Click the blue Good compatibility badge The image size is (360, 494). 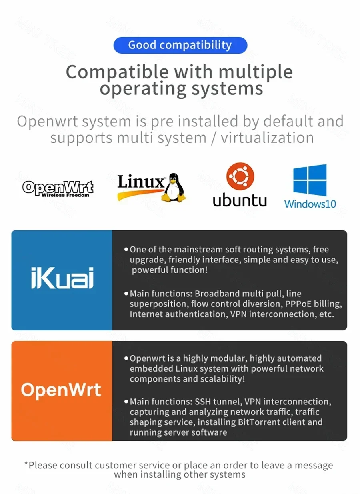click(180, 45)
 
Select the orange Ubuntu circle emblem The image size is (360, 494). click(240, 176)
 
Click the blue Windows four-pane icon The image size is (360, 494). click(310, 180)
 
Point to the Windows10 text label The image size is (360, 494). click(310, 204)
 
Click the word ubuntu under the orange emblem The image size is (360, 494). click(240, 200)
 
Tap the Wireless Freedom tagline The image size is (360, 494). click(65, 195)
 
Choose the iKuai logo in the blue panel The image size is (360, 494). click(62, 278)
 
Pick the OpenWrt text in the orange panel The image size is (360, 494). click(61, 390)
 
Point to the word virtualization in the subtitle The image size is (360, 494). click(267, 138)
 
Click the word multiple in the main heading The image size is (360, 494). click(256, 72)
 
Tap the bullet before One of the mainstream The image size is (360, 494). click(126, 250)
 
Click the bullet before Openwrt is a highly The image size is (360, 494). click(126, 358)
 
